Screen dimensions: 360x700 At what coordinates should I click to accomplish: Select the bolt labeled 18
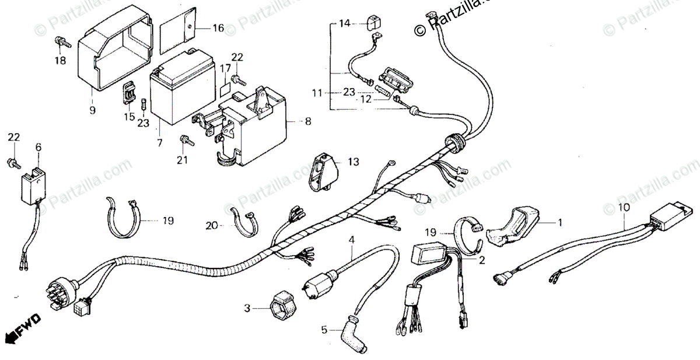[x=60, y=41]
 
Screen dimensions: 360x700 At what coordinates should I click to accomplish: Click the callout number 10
[x=624, y=208]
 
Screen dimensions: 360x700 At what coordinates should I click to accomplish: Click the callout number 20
[x=211, y=224]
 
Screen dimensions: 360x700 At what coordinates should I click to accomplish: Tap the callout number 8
[x=307, y=122]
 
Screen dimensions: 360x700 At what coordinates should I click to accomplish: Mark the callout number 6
[x=38, y=148]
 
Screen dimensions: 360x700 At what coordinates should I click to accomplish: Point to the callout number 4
[x=352, y=239]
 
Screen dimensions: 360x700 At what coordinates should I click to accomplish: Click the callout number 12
[x=365, y=99]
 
